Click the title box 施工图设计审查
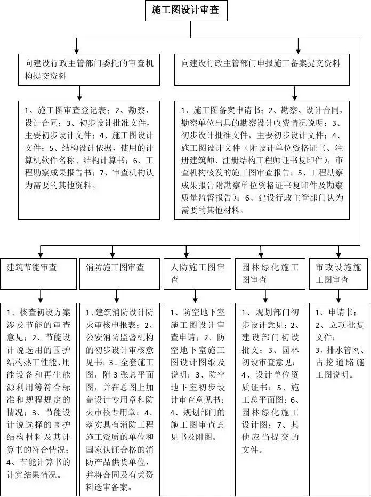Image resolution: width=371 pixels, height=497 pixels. [x=186, y=10]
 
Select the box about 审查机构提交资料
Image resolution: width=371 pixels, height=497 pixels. [x=88, y=70]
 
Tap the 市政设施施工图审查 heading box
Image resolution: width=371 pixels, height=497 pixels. [x=338, y=273]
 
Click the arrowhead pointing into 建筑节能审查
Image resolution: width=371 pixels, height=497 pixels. [x=41, y=254]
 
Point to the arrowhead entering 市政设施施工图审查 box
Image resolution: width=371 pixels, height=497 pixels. [x=338, y=254]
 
